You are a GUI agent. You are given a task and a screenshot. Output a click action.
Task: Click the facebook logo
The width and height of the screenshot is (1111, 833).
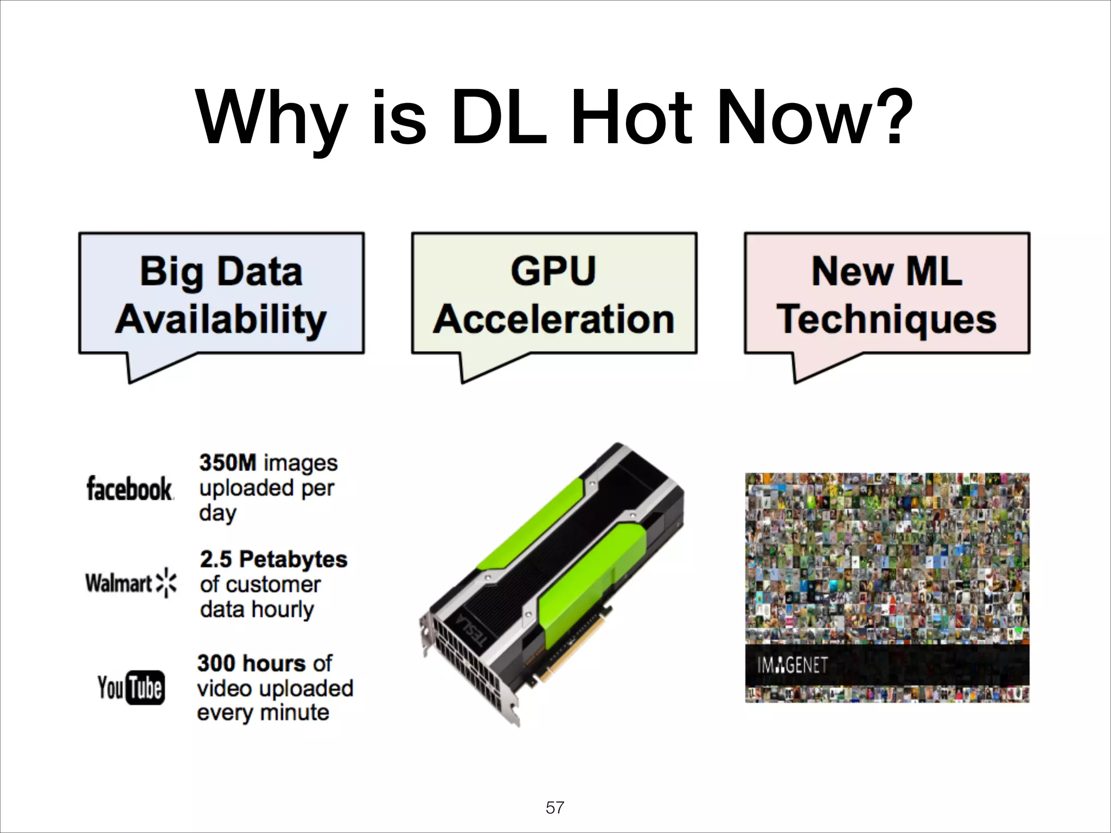click(130, 488)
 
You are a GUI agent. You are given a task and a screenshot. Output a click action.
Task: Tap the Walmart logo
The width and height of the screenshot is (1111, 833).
click(131, 583)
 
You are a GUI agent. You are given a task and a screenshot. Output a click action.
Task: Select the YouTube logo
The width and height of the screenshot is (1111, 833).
click(131, 688)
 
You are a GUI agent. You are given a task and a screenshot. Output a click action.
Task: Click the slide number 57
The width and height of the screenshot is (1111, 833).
click(555, 808)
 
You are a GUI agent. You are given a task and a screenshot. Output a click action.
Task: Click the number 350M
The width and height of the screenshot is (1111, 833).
click(228, 463)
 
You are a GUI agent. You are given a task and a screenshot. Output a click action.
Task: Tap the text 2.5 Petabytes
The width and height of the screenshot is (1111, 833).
click(273, 559)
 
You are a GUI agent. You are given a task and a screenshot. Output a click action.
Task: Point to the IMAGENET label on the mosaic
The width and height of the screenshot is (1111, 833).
click(793, 665)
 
